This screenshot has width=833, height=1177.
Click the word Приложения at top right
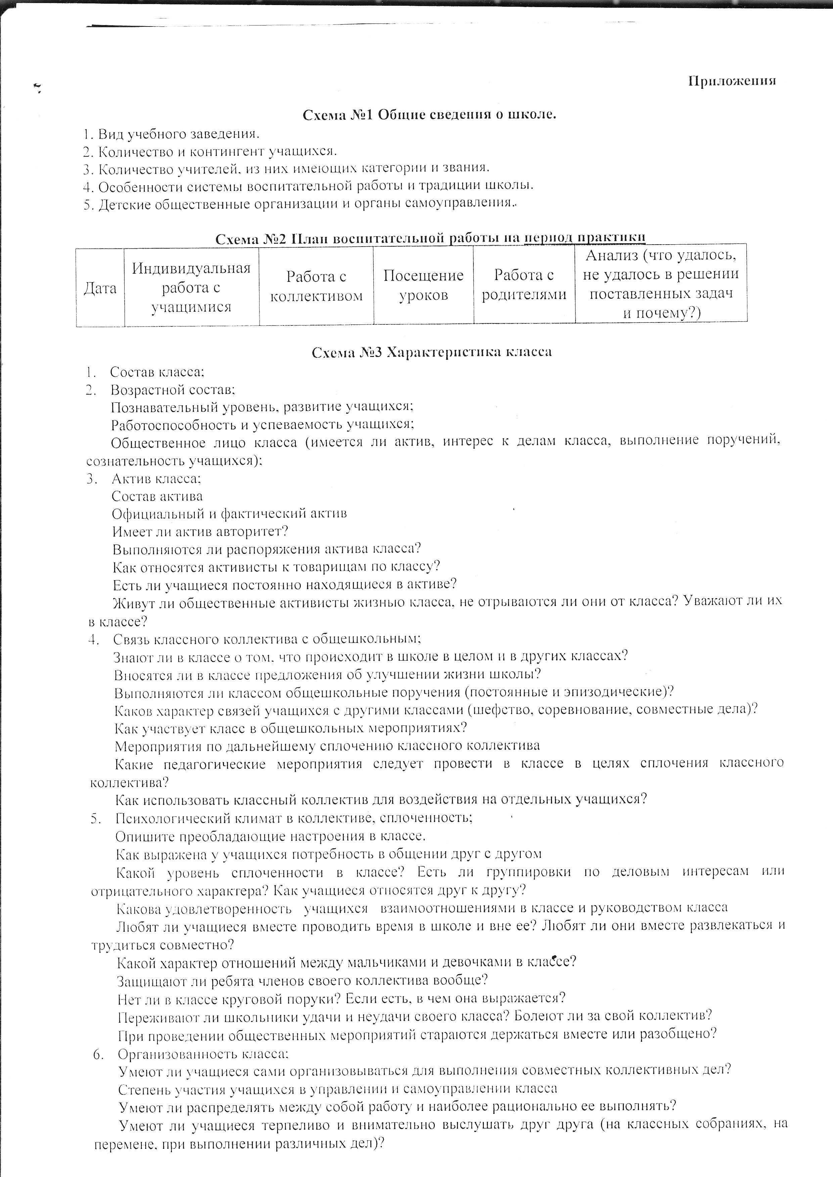coord(732,81)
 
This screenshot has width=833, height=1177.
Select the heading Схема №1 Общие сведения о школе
coord(430,115)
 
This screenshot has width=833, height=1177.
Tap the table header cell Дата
coord(100,288)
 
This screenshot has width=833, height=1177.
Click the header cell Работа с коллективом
coord(316,286)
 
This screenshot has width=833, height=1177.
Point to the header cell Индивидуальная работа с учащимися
coord(191,287)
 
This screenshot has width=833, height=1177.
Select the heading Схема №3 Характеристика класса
coord(432,352)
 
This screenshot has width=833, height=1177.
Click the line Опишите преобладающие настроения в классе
coord(270,836)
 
